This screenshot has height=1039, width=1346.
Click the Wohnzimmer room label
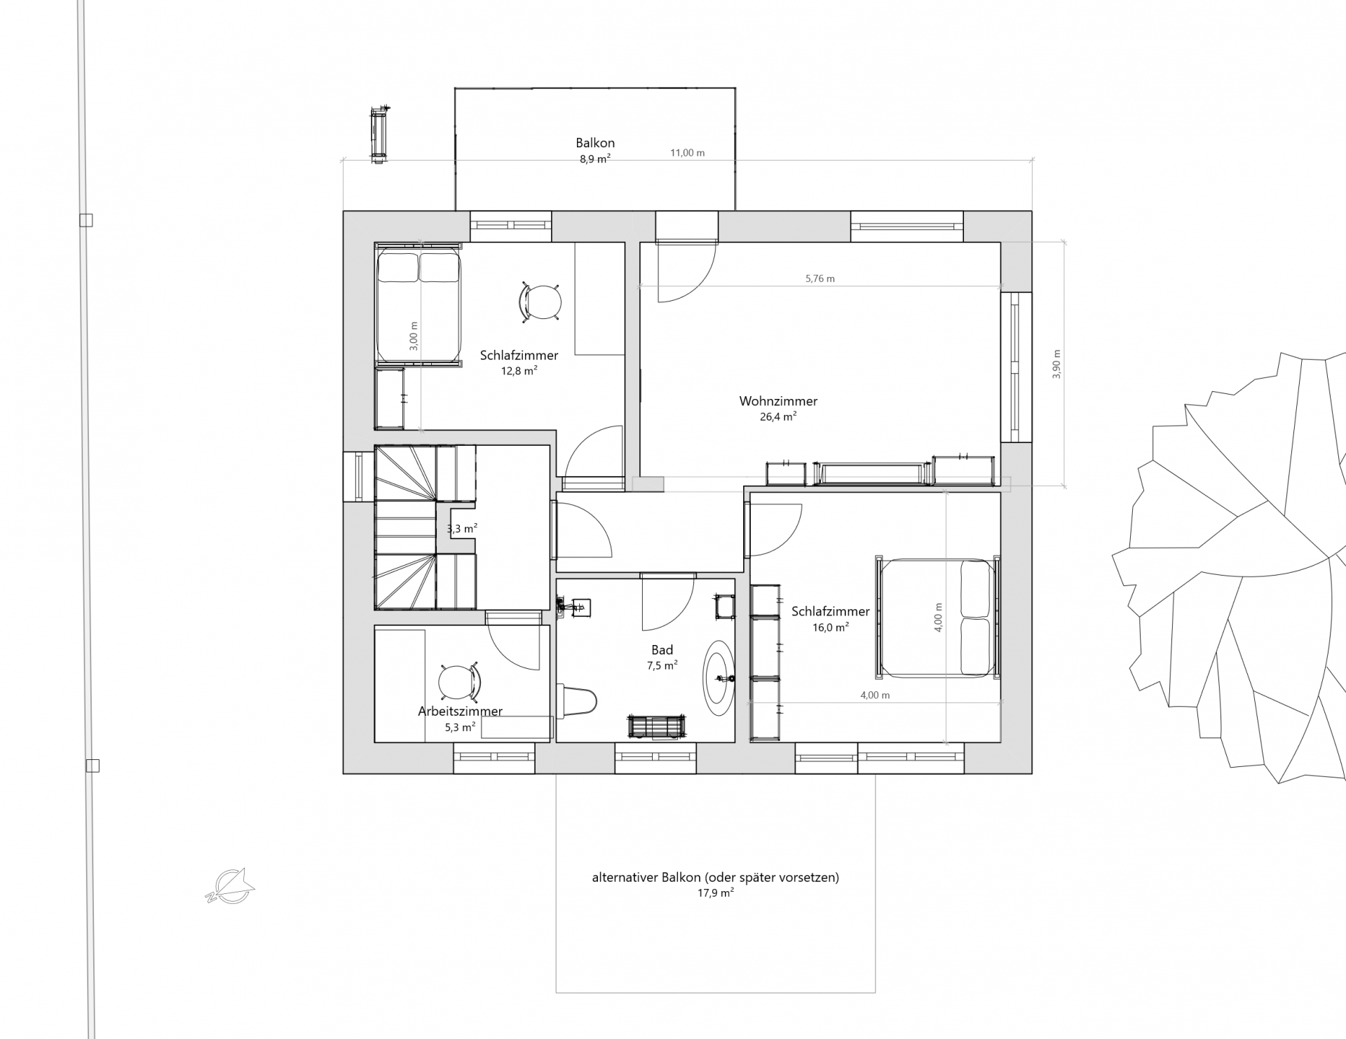tap(778, 402)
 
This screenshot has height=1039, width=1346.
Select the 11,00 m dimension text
tap(687, 153)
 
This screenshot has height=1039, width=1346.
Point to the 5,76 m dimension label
tap(820, 278)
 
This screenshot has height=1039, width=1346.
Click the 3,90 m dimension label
tap(1057, 365)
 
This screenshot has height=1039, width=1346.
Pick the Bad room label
tap(662, 650)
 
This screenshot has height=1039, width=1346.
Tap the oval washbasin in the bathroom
tap(719, 677)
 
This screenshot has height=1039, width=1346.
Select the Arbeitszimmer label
tap(460, 711)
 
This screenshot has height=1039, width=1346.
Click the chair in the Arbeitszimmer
tap(460, 681)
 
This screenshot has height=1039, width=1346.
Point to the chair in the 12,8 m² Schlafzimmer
tap(540, 303)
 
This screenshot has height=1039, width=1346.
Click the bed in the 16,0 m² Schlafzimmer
tap(937, 618)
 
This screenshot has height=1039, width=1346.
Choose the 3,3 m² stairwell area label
tap(463, 528)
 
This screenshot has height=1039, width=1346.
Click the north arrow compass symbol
tap(230, 885)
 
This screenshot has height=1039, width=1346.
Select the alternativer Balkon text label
tap(715, 877)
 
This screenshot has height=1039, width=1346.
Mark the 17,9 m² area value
tap(715, 893)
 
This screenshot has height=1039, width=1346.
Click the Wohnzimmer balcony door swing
tap(686, 272)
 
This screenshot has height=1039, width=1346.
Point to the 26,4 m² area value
tap(778, 416)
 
